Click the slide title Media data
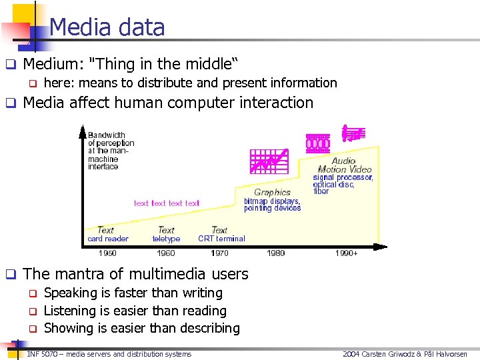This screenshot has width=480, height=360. (107, 27)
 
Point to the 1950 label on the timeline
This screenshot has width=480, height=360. (107, 253)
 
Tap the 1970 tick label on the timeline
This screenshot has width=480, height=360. (219, 253)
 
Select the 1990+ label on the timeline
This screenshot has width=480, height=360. (346, 253)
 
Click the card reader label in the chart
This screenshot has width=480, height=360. (107, 239)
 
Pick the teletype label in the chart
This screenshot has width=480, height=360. (166, 239)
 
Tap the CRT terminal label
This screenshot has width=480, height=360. (221, 239)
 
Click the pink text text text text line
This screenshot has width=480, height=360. (167, 203)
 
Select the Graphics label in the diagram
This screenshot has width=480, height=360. (272, 192)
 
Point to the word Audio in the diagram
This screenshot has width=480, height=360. (343, 161)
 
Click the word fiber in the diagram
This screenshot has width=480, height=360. (321, 191)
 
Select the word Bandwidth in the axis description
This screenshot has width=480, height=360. (107, 135)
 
